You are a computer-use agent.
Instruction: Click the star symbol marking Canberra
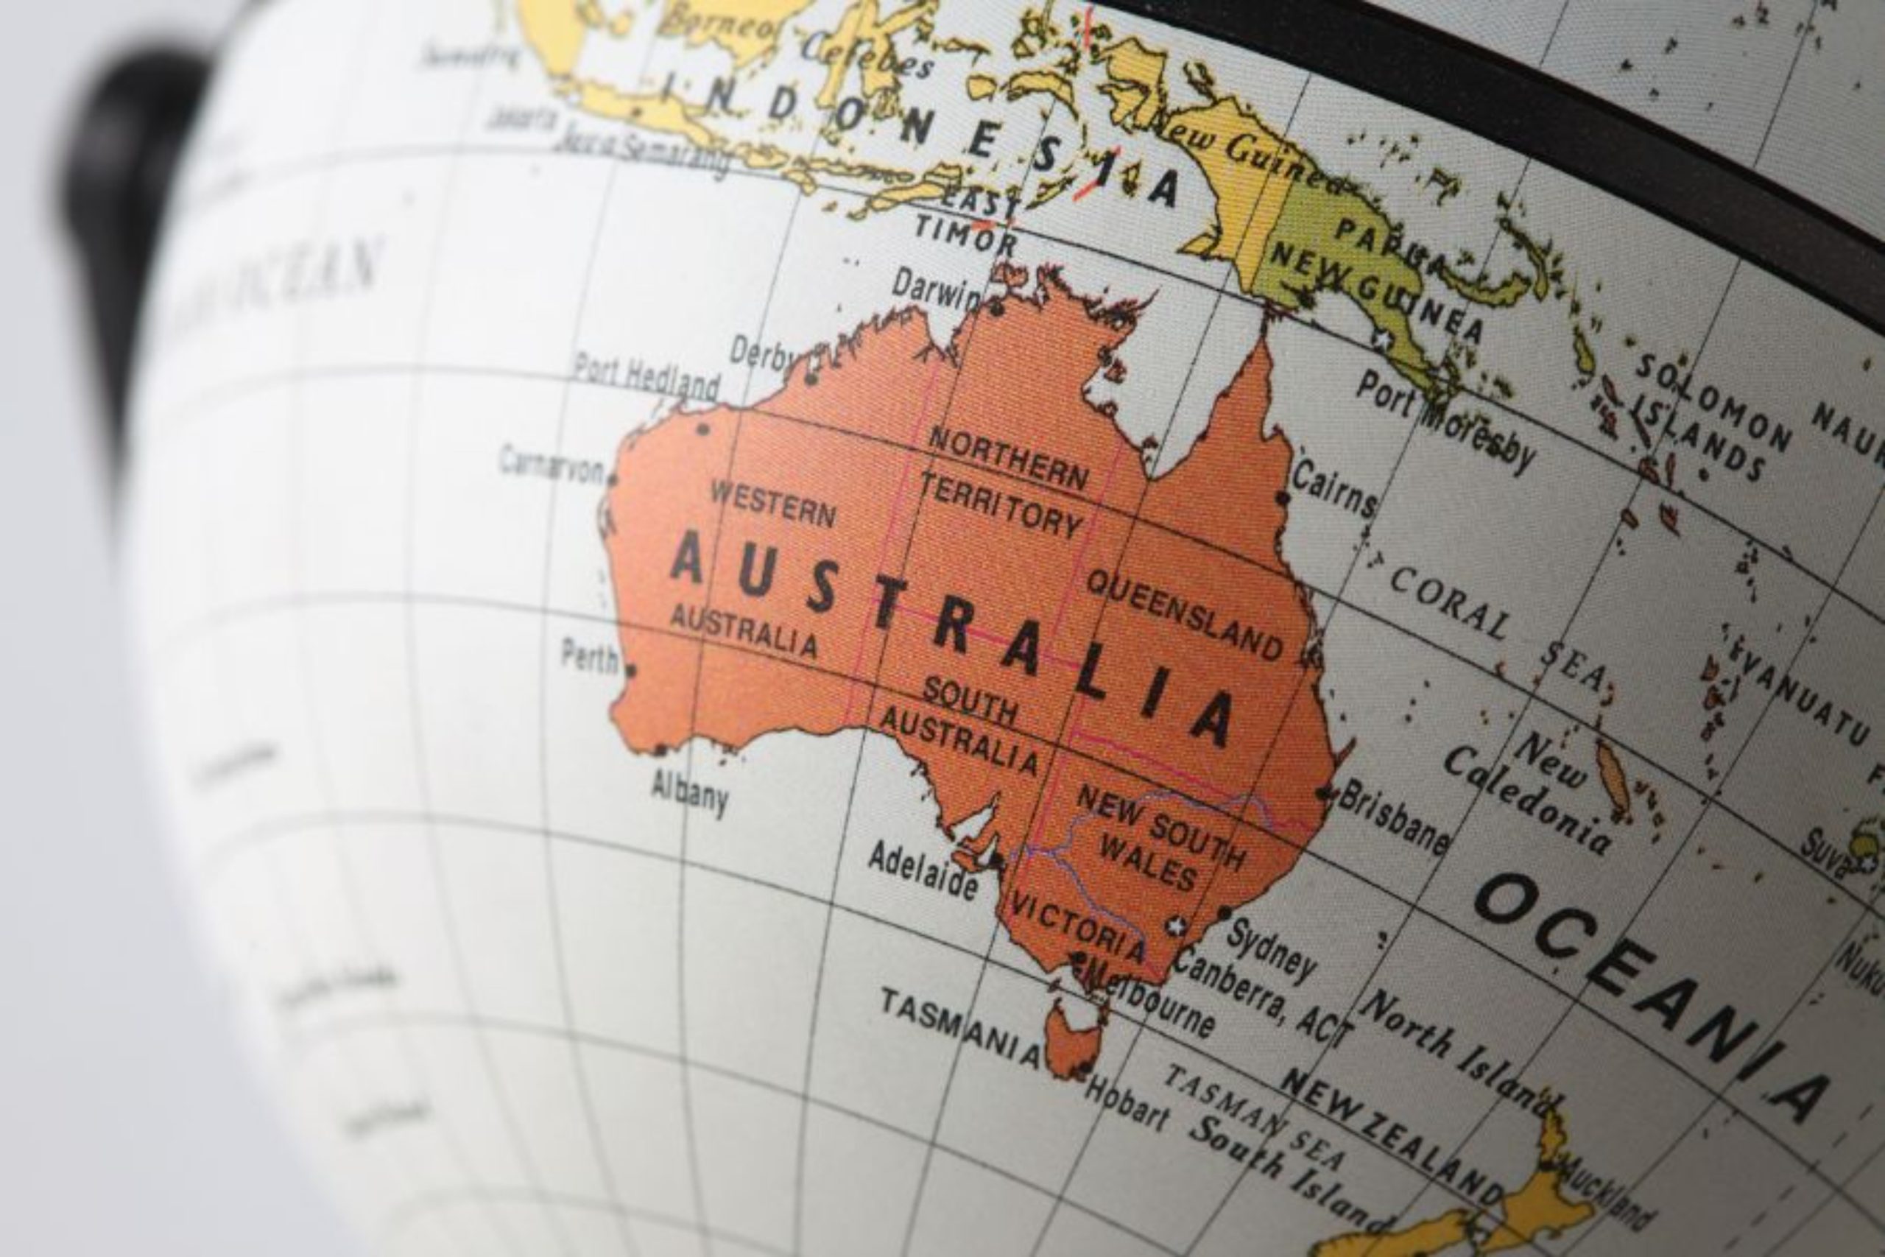(x=1177, y=926)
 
